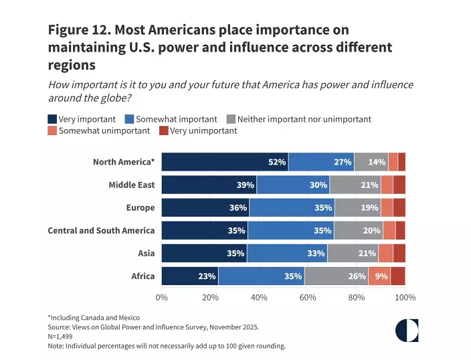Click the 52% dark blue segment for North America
click(x=225, y=162)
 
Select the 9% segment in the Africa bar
click(x=379, y=276)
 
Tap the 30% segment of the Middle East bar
click(x=293, y=185)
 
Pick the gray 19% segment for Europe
click(x=358, y=207)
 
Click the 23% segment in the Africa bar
click(x=190, y=276)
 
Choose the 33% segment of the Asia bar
click(x=287, y=253)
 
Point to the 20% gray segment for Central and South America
click(x=359, y=230)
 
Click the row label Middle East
click(x=131, y=185)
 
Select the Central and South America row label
click(x=101, y=230)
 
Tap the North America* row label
click(x=124, y=162)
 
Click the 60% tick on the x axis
click(x=308, y=298)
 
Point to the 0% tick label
click(x=161, y=298)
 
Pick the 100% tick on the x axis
click(x=405, y=298)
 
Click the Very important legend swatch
click(x=53, y=119)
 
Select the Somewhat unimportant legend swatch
click(x=53, y=130)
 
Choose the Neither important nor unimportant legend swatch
click(x=231, y=119)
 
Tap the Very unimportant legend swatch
click(x=164, y=130)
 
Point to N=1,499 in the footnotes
click(x=60, y=337)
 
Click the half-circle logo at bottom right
click(x=407, y=330)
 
